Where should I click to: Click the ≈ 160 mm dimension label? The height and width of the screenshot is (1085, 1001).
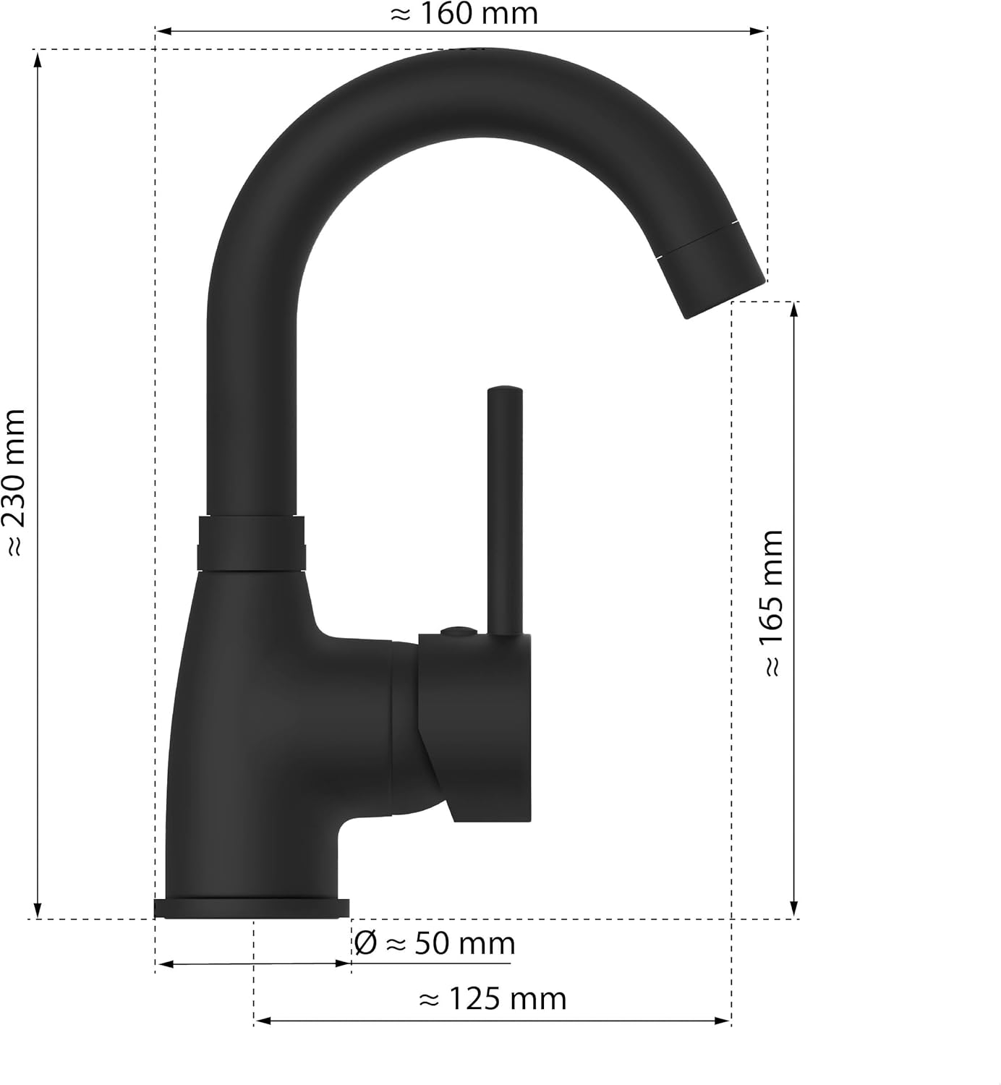tap(464, 14)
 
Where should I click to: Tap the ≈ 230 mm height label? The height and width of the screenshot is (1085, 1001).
tap(16, 482)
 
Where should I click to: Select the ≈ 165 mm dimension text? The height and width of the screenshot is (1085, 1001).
tap(773, 603)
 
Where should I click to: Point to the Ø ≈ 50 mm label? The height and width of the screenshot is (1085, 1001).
tap(435, 944)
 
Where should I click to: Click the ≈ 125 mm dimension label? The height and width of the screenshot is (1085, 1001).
tap(493, 1000)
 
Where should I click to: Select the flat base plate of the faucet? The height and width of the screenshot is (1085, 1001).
tap(252, 909)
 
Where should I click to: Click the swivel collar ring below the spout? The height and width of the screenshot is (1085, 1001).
tap(251, 543)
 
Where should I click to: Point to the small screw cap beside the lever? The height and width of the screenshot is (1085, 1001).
tap(456, 631)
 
